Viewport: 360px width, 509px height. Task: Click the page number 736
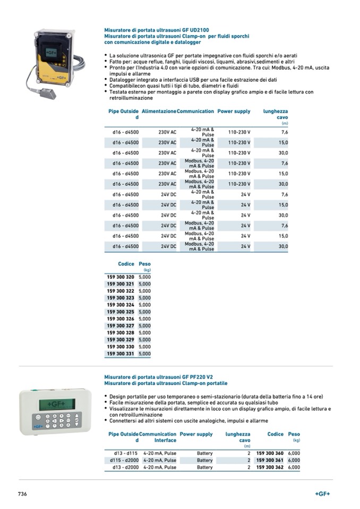pos(22,494)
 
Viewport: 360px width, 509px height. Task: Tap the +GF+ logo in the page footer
pos(322,494)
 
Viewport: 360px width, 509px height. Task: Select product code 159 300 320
pos(121,277)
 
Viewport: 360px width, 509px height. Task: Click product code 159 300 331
pos(121,353)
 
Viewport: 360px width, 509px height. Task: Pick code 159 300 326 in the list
pos(121,318)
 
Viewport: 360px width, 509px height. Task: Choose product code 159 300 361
pos(270,460)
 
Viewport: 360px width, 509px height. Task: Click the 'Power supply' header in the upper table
pos(234,111)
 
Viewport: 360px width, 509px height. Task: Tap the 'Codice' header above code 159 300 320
pos(126,264)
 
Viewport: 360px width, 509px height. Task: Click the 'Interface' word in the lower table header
pos(165,441)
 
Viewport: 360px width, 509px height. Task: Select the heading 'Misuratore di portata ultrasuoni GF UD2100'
pos(157,31)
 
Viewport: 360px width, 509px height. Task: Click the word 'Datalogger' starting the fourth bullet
pos(123,79)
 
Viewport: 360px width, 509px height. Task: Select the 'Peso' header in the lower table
pos(294,434)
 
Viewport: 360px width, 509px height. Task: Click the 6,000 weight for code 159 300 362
pos(294,468)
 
